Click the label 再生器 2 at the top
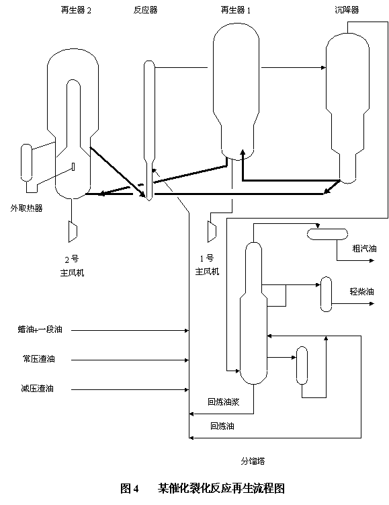point(76,10)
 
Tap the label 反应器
point(145,10)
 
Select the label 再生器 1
point(236,10)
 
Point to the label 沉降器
point(347,10)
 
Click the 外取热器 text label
point(26,208)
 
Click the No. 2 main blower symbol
point(73,231)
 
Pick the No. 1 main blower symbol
point(212,231)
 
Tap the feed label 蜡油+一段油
point(40,329)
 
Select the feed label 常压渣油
point(39,359)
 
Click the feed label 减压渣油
point(38,389)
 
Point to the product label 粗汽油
point(364,249)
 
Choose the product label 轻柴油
point(362,292)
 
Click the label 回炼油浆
point(224,402)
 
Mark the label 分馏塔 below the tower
point(253,461)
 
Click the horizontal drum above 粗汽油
point(328,234)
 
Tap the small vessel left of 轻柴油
point(327,294)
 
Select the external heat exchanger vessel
point(26,162)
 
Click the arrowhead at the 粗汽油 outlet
point(372,260)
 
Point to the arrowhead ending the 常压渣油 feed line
point(186,360)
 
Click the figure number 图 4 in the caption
point(130,489)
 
